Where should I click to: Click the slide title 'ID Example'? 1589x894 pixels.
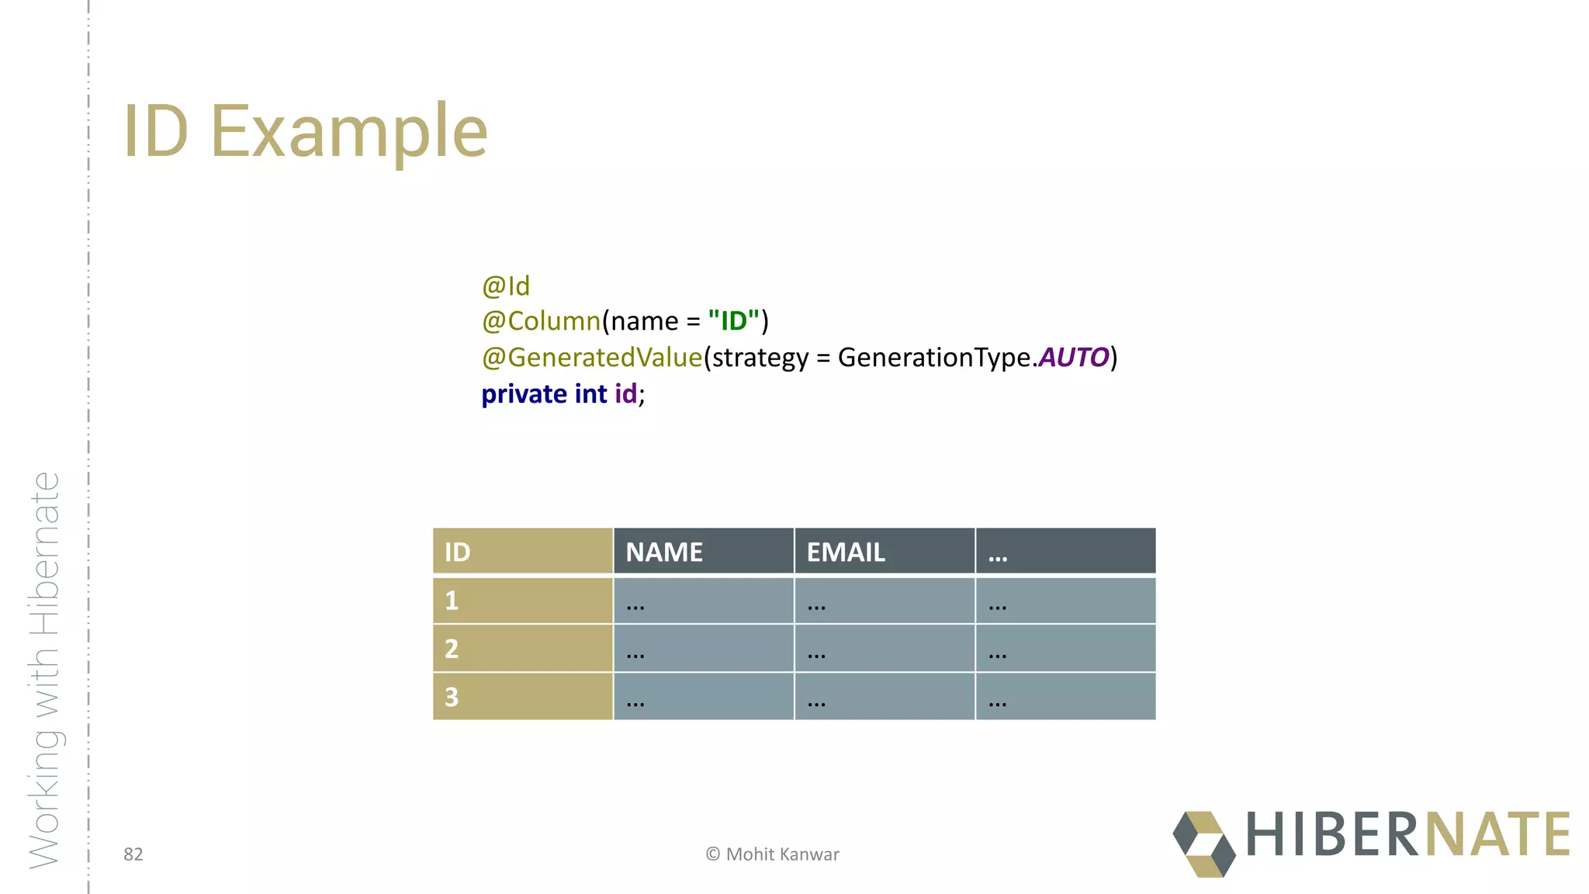tap(306, 131)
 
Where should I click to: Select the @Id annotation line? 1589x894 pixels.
tap(506, 286)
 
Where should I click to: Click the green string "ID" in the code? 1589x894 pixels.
tap(733, 321)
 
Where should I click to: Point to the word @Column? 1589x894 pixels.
tap(542, 321)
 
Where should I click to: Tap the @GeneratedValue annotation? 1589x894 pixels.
tap(592, 358)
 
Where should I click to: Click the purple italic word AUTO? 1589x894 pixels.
tap(1074, 358)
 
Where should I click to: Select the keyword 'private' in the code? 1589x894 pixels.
tap(524, 394)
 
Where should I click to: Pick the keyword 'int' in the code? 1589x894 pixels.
tap(590, 394)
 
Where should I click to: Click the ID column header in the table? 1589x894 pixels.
tap(522, 552)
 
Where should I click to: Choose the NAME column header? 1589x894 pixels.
tap(703, 552)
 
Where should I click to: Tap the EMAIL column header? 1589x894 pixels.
tap(884, 552)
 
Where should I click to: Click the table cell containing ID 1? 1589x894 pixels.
tap(522, 601)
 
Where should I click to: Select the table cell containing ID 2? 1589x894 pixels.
tap(522, 649)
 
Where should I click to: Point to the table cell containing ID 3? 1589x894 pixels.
tap(522, 697)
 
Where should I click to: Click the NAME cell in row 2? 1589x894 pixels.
tap(703, 649)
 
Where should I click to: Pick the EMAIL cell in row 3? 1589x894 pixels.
tap(884, 697)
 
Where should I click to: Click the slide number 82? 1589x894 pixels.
tap(133, 854)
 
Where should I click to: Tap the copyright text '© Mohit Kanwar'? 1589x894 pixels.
tap(773, 854)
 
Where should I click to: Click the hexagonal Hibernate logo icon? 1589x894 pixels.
tap(1204, 844)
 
